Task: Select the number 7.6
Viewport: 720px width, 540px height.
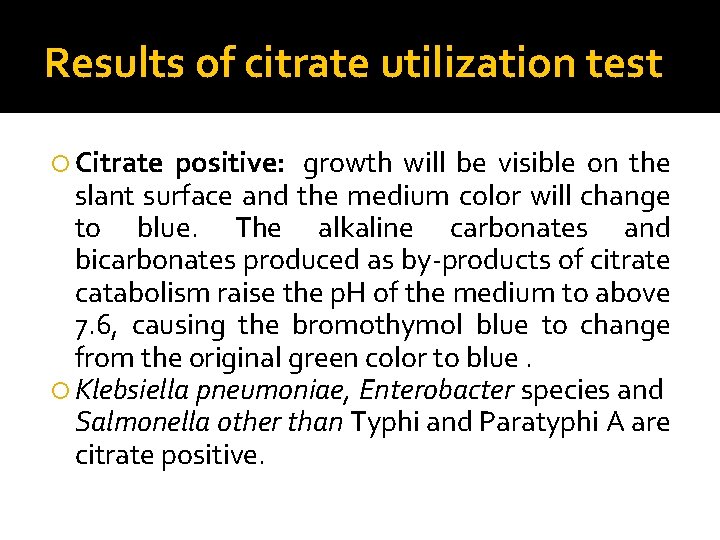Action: tap(97, 326)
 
